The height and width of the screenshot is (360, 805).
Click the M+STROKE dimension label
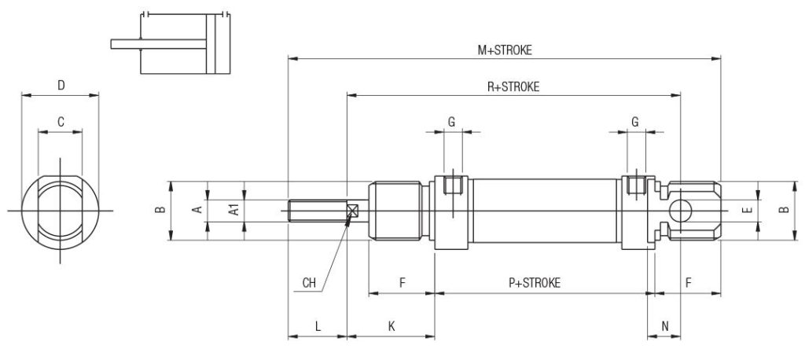coord(505,50)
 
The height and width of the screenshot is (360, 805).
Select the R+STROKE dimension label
coord(513,87)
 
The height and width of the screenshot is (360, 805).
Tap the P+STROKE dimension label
coord(535,282)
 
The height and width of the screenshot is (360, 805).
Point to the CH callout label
coord(309,282)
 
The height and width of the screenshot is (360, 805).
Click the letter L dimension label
coord(318,326)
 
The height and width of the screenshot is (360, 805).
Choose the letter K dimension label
coord(391,326)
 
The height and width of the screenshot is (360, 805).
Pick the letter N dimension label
coord(665,326)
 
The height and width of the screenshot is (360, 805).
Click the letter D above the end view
coord(61,85)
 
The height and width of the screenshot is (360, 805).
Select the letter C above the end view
coord(61,122)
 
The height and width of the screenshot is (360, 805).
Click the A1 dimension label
coord(233,210)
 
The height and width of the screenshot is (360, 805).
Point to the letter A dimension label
coord(197,210)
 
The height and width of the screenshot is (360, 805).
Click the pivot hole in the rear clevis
coord(680,211)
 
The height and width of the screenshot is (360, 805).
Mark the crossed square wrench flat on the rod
coord(353,211)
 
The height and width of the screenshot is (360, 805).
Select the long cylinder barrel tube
coord(545,211)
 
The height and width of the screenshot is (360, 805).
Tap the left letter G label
coord(452,122)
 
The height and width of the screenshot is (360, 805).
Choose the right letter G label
coord(635,122)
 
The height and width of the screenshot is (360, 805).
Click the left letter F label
coord(402,282)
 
